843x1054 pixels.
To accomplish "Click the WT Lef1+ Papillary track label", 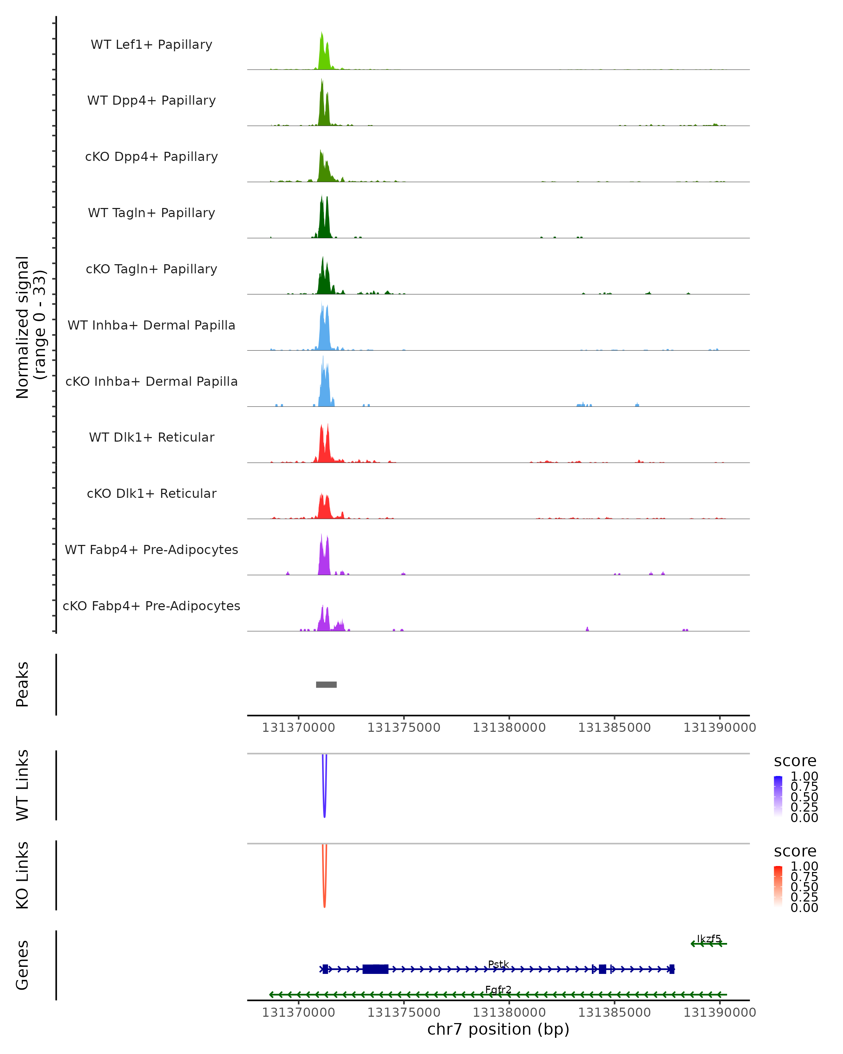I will (x=151, y=45).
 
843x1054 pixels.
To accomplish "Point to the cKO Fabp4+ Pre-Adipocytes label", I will (x=151, y=606).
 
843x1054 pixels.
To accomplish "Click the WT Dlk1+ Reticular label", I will (x=151, y=437).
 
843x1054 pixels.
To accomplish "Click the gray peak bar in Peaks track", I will (x=326, y=684).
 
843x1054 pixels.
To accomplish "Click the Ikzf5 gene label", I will (x=708, y=939).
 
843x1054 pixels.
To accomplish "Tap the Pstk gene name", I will (x=498, y=964).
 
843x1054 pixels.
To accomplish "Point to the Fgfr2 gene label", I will (x=498, y=989).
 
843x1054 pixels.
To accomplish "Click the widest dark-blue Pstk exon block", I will (x=375, y=969).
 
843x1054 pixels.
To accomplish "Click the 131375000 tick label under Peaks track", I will (x=404, y=728).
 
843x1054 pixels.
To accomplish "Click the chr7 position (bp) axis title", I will (x=498, y=1029).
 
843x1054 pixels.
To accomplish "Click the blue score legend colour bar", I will (x=778, y=796).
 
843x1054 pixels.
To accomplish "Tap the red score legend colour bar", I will (x=778, y=886).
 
